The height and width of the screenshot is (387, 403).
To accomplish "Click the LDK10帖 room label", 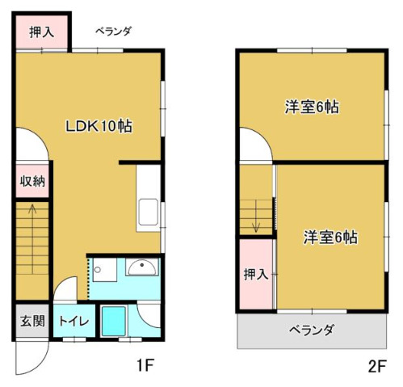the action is pos(99,126).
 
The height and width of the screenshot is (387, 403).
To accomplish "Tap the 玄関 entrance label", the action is pos(32,321).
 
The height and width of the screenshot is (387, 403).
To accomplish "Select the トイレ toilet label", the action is pos(74,321).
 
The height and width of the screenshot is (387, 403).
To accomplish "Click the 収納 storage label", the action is pos(32,182).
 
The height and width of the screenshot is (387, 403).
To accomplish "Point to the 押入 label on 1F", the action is pos(42,32).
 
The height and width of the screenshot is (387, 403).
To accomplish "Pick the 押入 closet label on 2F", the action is pos(256,275).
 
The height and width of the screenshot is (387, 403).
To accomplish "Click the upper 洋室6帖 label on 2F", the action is pos(312,107).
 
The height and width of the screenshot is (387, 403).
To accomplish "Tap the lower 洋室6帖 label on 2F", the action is pos(330,238).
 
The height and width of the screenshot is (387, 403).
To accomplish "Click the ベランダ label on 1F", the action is pos(113,32).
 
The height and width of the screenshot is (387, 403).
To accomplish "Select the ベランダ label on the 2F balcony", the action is pos(312,330).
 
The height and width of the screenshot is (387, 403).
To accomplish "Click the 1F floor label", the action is pos(145,365).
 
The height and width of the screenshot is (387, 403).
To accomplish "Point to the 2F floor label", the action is pos(377,366).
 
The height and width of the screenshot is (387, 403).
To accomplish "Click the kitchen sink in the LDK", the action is pos(148,212).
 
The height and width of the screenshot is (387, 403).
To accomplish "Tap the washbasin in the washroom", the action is pos(142,267).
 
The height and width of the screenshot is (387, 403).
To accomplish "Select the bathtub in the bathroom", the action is pos(114,321).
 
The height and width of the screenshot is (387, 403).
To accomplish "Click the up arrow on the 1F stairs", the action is pos(32,239).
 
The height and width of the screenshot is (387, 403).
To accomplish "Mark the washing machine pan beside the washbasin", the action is pos(105,270).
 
